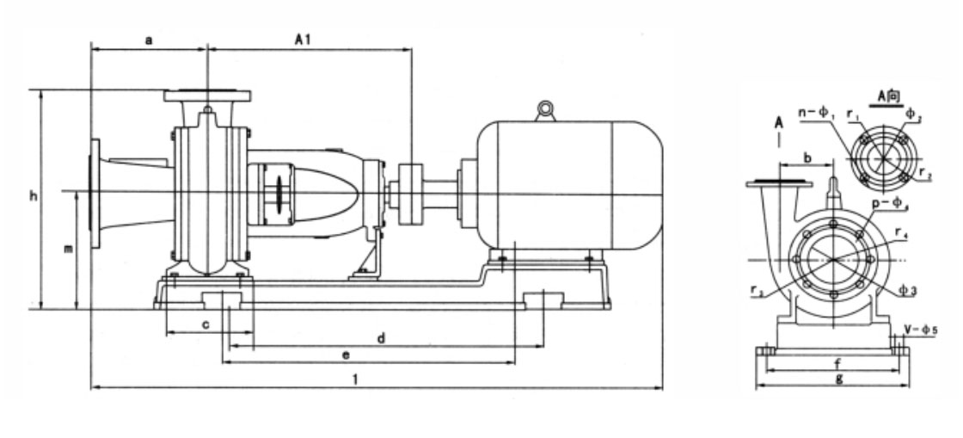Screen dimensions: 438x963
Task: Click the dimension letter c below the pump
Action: pyautogui.click(x=205, y=324)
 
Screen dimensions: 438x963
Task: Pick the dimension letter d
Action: pyautogui.click(x=379, y=338)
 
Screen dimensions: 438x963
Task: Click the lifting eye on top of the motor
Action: pyautogui.click(x=543, y=109)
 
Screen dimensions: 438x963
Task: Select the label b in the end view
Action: pyautogui.click(x=807, y=157)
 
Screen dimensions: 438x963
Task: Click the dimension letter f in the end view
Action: pyautogui.click(x=836, y=361)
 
